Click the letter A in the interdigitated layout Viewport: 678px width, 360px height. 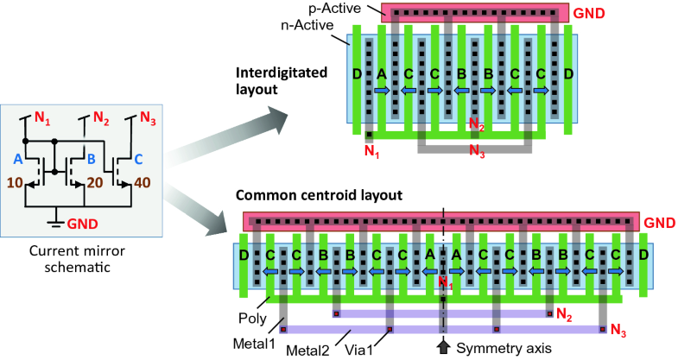click(381, 75)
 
